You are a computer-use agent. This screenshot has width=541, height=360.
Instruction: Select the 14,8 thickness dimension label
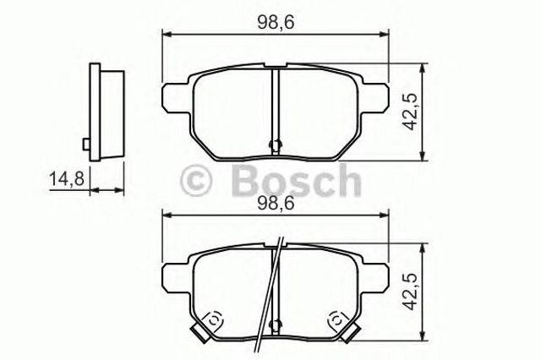point(67,178)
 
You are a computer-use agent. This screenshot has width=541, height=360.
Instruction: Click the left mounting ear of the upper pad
point(173,94)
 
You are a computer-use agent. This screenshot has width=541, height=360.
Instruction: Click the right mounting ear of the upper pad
point(376,94)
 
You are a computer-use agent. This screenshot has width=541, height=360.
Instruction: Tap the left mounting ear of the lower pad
point(173,275)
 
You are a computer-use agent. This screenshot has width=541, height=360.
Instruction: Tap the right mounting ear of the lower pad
point(376,275)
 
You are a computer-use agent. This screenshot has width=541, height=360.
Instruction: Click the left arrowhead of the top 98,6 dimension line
point(166,35)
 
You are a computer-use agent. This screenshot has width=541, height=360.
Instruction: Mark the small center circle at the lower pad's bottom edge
point(274,325)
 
